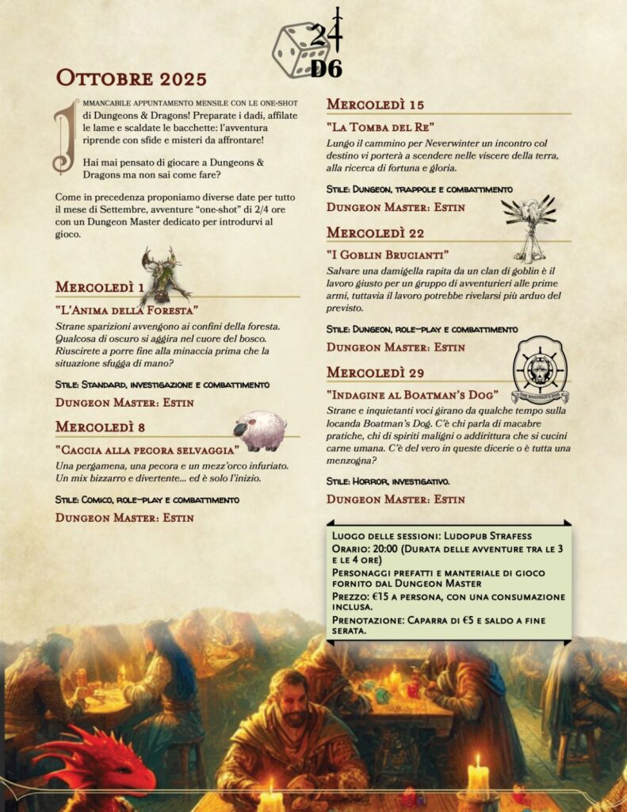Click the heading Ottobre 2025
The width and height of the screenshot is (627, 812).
[131, 79]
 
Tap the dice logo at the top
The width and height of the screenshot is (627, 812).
[308, 46]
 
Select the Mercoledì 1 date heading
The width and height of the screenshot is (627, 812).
[100, 287]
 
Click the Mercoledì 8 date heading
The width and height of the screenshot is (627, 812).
[101, 427]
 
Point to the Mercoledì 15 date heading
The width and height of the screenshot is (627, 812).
[376, 104]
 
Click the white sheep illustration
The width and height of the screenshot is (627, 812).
[259, 430]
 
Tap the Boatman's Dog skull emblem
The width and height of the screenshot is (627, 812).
[540, 370]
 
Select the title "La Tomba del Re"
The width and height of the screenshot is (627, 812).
[380, 126]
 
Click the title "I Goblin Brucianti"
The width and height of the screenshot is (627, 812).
[388, 255]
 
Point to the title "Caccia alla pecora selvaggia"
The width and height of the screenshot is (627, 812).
[147, 450]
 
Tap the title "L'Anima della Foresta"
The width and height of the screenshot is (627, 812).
[127, 309]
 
